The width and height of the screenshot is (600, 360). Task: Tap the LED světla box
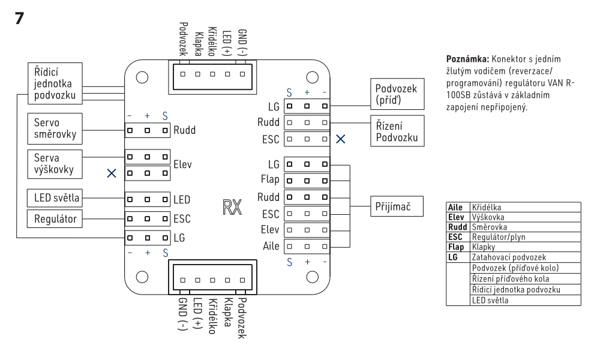(x=54, y=197)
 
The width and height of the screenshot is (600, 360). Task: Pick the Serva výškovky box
(x=54, y=163)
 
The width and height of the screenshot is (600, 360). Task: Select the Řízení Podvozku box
(x=392, y=131)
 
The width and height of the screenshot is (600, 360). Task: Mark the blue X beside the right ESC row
(x=341, y=139)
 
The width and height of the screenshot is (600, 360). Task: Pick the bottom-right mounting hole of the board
(x=312, y=277)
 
